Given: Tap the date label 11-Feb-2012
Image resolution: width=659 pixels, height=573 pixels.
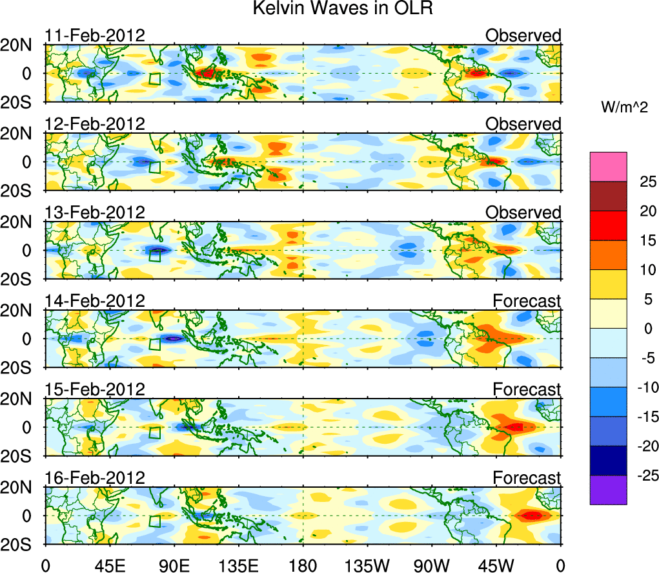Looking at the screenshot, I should point(95,36).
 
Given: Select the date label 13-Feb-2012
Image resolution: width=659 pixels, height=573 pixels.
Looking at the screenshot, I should point(95,213).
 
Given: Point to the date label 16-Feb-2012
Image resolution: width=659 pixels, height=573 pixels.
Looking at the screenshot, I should point(95,478).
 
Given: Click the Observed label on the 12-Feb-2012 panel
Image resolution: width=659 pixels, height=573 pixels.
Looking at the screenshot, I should point(523,124).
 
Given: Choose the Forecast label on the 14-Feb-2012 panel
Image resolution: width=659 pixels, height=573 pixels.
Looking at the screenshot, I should point(527,301).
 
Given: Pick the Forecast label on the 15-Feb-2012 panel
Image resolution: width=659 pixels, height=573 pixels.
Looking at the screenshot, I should point(527,390).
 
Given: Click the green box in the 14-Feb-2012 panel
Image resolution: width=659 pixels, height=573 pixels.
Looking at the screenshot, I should point(154,344).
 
